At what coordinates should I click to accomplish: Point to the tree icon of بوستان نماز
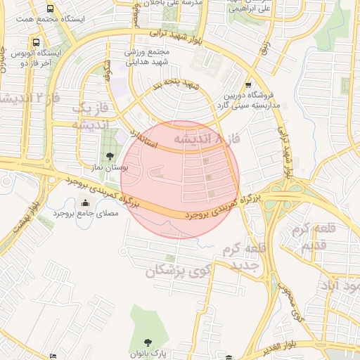coord(108,155)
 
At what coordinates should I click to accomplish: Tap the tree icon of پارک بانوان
coord(153,338)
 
